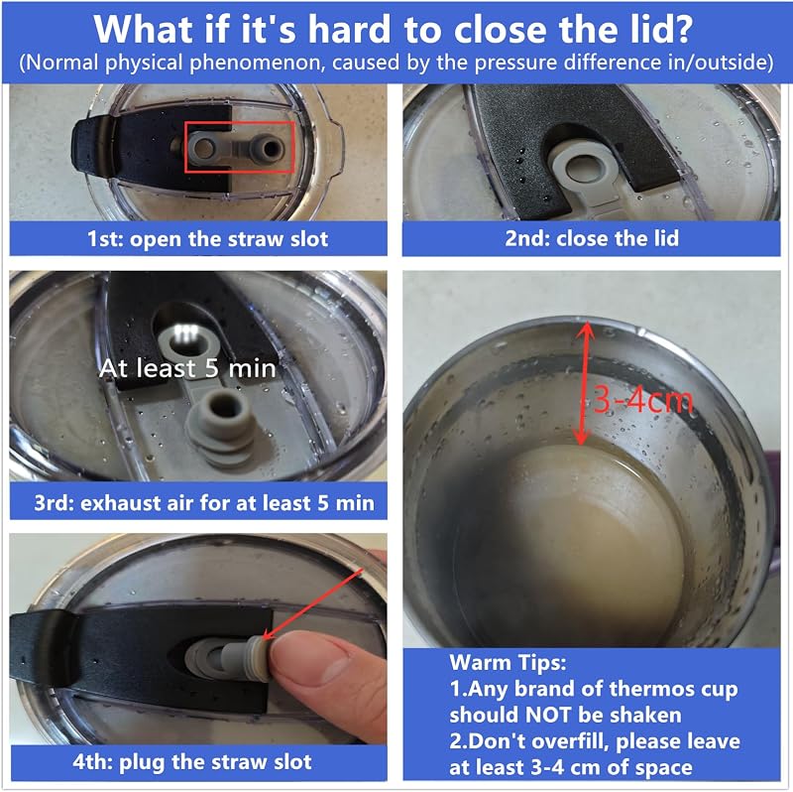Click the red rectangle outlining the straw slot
point(185,147)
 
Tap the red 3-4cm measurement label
point(642,400)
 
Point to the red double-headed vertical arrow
point(584,383)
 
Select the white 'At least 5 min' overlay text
point(187,368)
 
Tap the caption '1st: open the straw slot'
point(208,238)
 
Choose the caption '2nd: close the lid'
point(592,238)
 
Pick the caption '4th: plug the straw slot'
point(191,762)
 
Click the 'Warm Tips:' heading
point(508,662)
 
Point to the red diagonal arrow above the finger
point(313,603)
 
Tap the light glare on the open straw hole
point(185,332)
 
